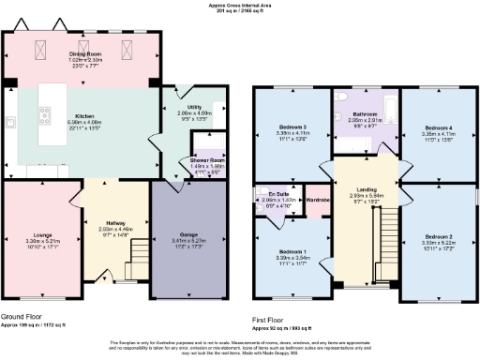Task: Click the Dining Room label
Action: tap(84, 55)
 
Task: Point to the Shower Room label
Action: tap(193, 160)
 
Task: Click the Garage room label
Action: tap(188, 234)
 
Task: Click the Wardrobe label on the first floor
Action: tap(318, 199)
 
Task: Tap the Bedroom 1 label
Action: tap(292, 251)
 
